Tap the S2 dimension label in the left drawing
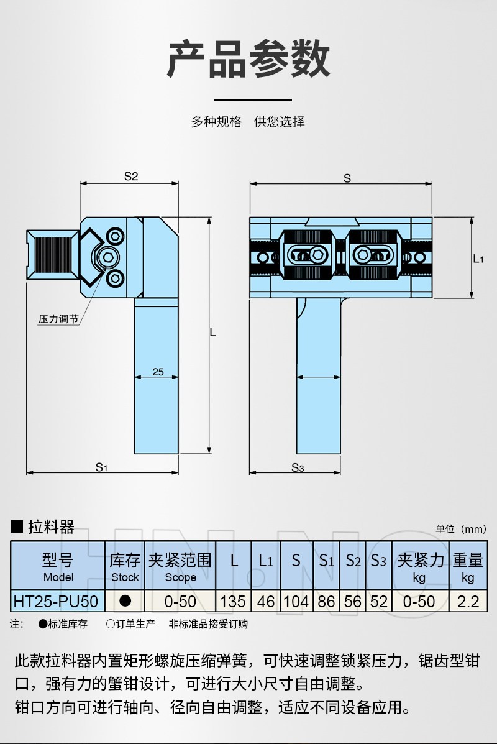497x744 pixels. [130, 176]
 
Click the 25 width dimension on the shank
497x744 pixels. [158, 372]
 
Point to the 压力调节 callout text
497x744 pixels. [58, 319]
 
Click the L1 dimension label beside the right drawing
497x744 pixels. [478, 259]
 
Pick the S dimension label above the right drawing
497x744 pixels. [347, 178]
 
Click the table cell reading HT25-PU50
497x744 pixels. [55, 601]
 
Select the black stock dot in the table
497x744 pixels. [125, 601]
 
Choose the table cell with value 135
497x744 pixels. [234, 601]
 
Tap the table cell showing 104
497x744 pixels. [296, 601]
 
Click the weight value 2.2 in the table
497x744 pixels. [467, 601]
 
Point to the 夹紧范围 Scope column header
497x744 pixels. [180, 567]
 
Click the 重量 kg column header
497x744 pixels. [467, 567]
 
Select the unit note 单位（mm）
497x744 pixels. [460, 529]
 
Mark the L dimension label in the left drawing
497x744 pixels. [213, 333]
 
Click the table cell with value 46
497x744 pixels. [265, 601]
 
